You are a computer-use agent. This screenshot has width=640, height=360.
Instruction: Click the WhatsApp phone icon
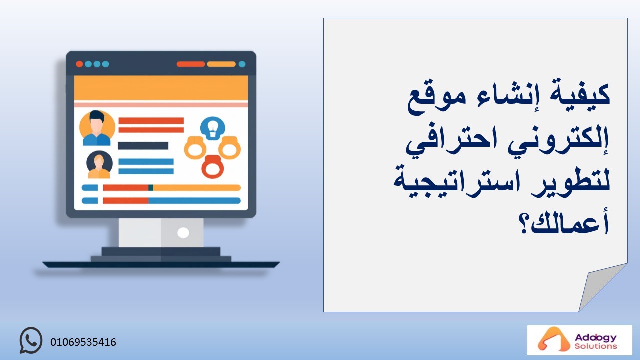coord(31,340)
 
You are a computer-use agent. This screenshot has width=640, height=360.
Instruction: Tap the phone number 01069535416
coord(83,342)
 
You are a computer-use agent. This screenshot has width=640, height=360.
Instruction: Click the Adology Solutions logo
coord(579,340)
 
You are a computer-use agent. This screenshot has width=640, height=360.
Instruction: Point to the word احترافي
coord(451,141)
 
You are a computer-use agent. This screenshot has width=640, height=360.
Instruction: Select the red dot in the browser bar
coord(79,64)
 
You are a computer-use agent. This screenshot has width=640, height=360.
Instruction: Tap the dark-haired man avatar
coord(97,128)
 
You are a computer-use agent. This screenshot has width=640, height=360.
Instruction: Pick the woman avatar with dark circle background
coord(99,165)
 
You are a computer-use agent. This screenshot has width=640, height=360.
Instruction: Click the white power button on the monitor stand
coord(183,233)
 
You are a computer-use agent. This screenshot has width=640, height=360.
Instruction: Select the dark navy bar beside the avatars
coord(143,146)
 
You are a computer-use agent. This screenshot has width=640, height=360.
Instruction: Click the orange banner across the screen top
coord(161,88)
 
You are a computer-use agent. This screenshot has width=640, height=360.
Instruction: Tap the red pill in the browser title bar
coord(191,64)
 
